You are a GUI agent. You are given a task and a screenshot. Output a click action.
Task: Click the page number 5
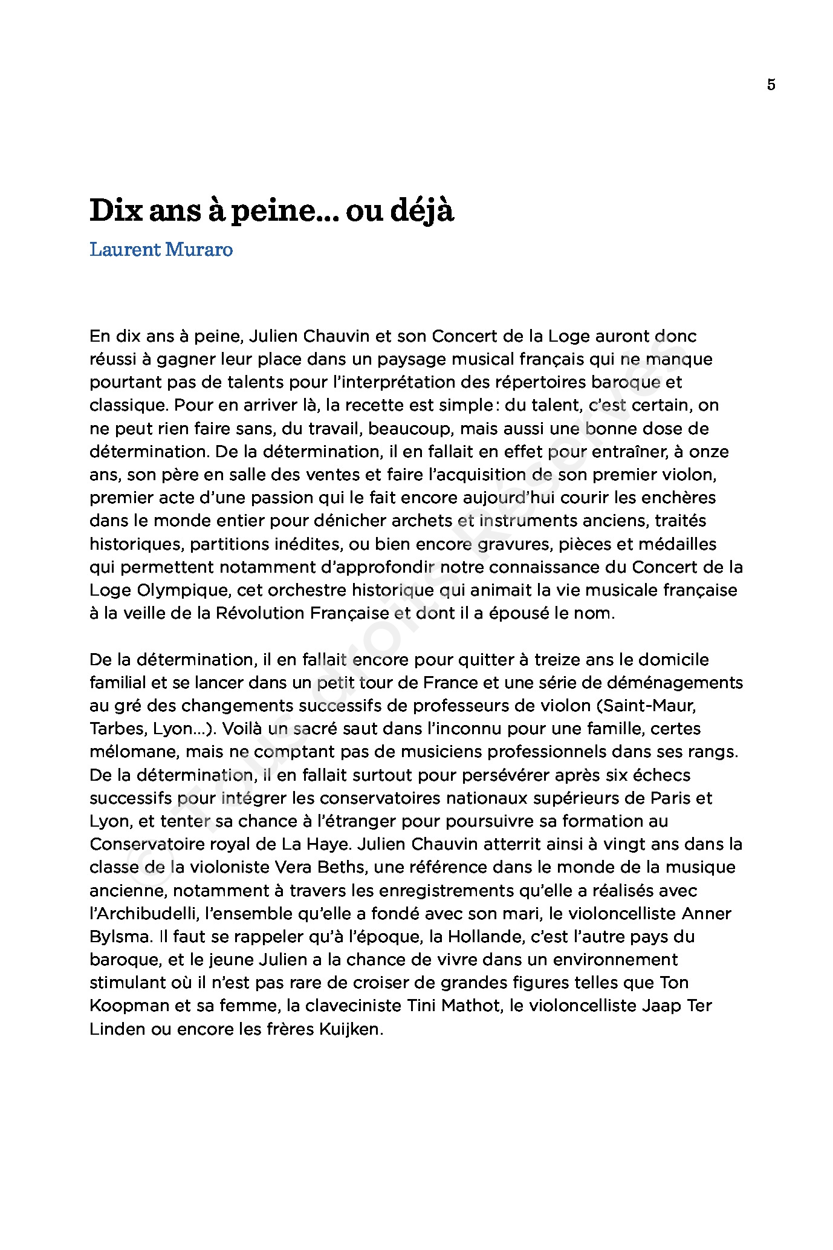(x=771, y=85)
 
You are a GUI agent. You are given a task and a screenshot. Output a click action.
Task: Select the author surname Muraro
(x=198, y=249)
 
